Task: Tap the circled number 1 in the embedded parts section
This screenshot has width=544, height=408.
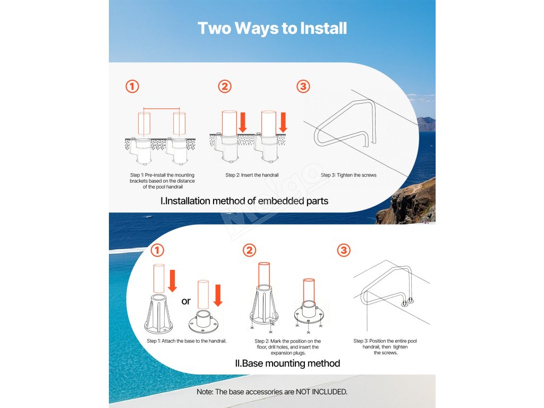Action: click(132, 87)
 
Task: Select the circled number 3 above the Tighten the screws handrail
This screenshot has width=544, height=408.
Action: click(303, 87)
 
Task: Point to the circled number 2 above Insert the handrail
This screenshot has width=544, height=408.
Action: click(225, 87)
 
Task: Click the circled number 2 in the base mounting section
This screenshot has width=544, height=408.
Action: click(250, 250)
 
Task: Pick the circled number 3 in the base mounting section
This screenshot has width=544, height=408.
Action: click(344, 250)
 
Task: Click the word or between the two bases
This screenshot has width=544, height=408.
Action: click(186, 301)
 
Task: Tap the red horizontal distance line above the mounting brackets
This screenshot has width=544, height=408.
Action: click(161, 108)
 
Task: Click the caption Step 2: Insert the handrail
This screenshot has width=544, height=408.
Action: click(252, 175)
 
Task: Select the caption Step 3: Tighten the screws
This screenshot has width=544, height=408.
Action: click(348, 175)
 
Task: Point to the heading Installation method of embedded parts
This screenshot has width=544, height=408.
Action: click(244, 201)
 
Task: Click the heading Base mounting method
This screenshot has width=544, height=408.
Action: click(287, 363)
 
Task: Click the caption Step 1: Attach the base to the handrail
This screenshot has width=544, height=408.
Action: click(186, 341)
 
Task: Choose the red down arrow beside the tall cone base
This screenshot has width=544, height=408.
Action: click(173, 280)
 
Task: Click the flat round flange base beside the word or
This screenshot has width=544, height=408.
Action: click(203, 322)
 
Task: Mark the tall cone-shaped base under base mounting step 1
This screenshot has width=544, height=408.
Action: click(159, 313)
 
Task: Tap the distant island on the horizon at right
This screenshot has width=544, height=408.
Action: click(426, 124)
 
